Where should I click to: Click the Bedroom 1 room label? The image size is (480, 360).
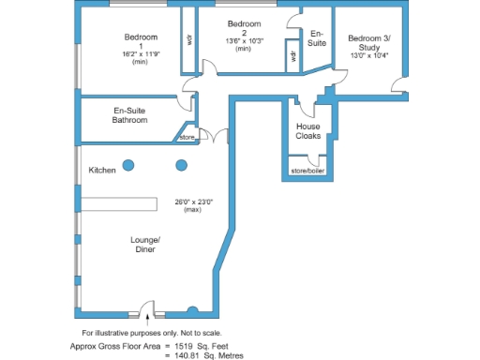tap(141, 41)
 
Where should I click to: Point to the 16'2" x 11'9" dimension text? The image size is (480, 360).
tap(141, 54)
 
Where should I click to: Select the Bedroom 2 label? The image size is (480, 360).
tap(244, 27)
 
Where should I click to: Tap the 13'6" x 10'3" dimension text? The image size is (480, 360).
tap(244, 41)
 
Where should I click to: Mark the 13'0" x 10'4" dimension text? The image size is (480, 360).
tap(368, 55)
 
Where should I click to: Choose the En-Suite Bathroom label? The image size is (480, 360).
tap(130, 115)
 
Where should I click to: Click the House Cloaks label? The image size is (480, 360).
tap(308, 131)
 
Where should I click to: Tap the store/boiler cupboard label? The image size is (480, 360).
tap(307, 171)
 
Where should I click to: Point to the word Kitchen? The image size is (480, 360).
tap(102, 170)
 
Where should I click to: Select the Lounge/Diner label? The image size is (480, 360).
tap(145, 245)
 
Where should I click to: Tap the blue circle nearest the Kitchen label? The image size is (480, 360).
tap(129, 165)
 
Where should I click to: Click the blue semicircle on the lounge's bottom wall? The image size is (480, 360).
tap(192, 310)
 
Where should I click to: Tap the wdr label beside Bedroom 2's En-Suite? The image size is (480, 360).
tap(293, 56)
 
